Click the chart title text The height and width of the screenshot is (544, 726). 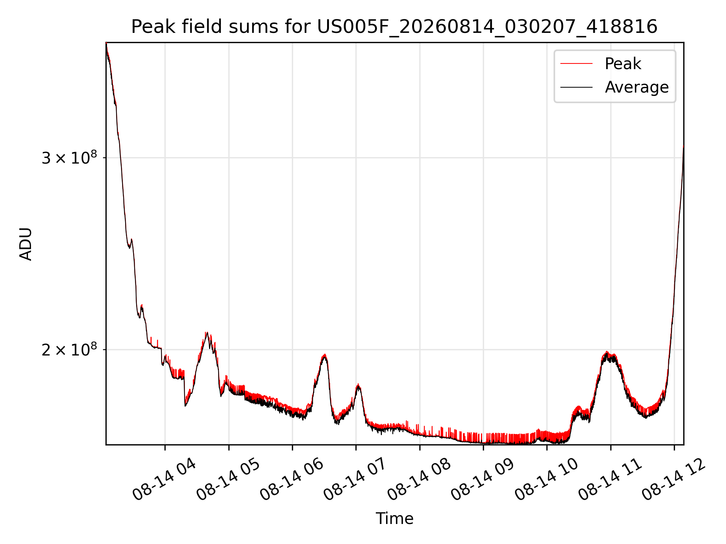point(394,27)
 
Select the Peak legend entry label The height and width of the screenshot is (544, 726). point(623,64)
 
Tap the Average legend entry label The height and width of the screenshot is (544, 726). point(637,87)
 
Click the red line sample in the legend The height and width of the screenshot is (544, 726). point(576,64)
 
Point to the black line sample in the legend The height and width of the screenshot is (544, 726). point(576,87)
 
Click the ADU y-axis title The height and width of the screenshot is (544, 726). point(26,244)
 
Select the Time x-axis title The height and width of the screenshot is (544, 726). point(394,518)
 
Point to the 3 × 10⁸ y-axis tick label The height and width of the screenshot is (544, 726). point(69,157)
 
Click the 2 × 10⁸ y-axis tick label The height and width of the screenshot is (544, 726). point(69,349)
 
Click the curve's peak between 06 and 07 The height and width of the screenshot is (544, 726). point(324,355)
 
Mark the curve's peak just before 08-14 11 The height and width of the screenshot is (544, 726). point(607,352)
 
